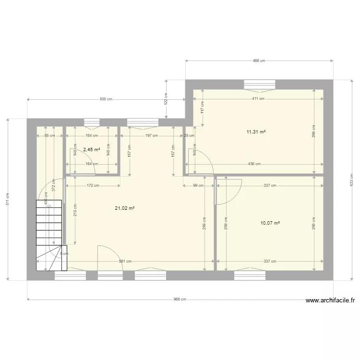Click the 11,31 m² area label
coord(256,132)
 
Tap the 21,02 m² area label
coord(124,208)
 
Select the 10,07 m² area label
coord(270,223)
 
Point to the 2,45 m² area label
coord(91,149)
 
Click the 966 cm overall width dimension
coord(180,299)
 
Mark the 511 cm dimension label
coord(8,199)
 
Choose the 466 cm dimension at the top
coord(259,61)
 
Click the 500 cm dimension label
coord(106,99)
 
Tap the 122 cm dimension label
coord(166,99)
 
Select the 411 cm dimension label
coord(259,99)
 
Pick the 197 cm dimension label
coord(152,135)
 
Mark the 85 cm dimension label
coord(49,135)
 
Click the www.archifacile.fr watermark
coord(330,300)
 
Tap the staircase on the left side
coord(49,230)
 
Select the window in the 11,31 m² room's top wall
coord(260,84)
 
